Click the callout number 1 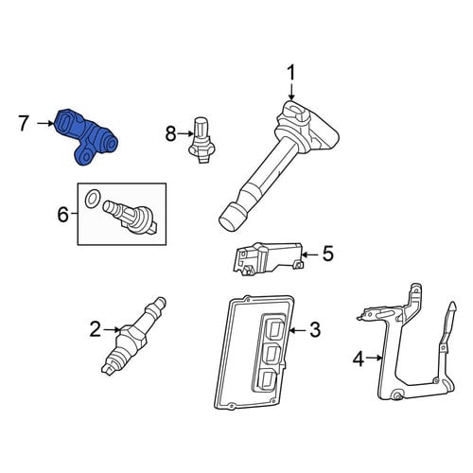(x=291, y=73)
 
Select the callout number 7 (x=24, y=123)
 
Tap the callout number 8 (x=170, y=133)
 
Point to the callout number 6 (x=62, y=214)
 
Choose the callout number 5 (x=328, y=254)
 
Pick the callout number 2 (x=96, y=329)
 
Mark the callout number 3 (x=315, y=330)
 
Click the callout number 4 (x=359, y=359)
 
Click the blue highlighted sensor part (x=86, y=137)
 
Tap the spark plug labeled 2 (x=133, y=336)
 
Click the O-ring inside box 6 (x=93, y=200)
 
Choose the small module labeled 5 (x=268, y=259)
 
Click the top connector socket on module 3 (x=274, y=328)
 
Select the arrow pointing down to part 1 (x=291, y=92)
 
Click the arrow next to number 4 (x=375, y=358)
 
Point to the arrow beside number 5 (x=310, y=254)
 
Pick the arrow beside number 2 (x=113, y=329)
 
